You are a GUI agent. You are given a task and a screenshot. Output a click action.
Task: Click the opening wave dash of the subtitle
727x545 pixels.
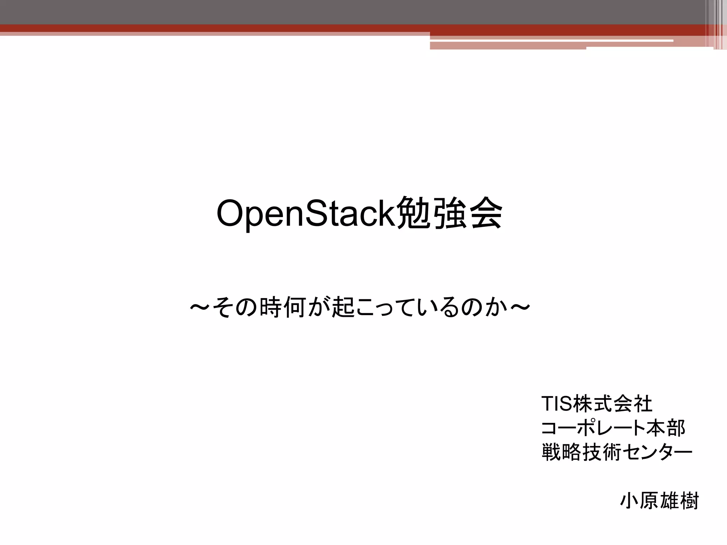(201, 307)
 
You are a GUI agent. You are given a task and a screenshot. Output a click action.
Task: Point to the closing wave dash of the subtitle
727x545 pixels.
(520, 307)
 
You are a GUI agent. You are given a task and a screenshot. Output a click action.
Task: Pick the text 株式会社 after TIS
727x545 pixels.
(612, 404)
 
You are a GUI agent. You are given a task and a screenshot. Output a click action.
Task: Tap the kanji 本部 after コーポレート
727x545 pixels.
(666, 428)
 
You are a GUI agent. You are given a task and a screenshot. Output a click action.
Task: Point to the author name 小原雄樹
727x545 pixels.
(659, 501)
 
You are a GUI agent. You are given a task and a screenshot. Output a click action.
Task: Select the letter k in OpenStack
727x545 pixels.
(388, 214)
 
